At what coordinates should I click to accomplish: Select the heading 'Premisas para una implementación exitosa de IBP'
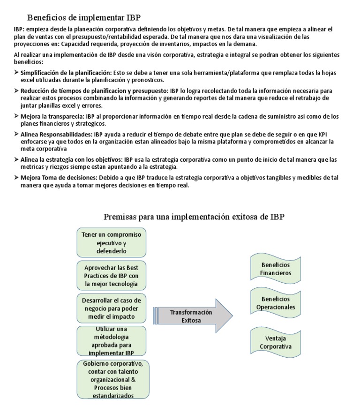pyautogui.click(x=194, y=217)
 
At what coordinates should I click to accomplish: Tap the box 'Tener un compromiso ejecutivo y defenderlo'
pyautogui.click(x=111, y=242)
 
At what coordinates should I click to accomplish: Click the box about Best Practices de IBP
pyautogui.click(x=111, y=276)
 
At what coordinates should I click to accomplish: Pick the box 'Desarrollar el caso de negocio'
pyautogui.click(x=111, y=308)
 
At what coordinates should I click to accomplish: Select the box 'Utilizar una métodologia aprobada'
pyautogui.click(x=111, y=341)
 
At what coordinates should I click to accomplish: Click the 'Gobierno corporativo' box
pyautogui.click(x=111, y=379)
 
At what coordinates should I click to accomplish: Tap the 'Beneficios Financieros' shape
pyautogui.click(x=276, y=269)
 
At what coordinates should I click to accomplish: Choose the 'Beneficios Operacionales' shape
pyautogui.click(x=276, y=303)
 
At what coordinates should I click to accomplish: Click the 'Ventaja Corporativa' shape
pyautogui.click(x=276, y=342)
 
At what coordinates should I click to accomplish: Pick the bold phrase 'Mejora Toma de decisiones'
pyautogui.click(x=58, y=178)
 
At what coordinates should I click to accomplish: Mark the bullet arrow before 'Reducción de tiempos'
pyautogui.click(x=16, y=90)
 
